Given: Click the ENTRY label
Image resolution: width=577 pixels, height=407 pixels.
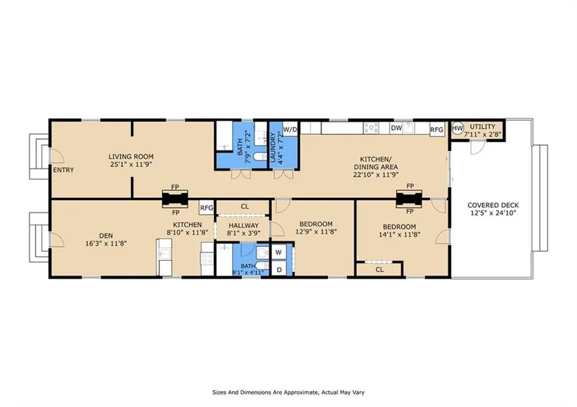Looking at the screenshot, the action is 63,170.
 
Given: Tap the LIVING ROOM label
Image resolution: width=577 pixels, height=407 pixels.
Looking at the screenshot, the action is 131,157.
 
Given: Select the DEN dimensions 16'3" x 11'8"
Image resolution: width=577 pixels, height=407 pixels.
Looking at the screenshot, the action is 106,243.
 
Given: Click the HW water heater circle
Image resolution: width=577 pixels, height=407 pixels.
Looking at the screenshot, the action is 457,129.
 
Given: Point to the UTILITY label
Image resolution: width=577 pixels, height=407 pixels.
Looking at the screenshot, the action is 483,127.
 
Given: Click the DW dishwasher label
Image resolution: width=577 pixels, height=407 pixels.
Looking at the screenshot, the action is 397,128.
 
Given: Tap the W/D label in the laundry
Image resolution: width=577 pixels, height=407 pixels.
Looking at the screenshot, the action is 290,129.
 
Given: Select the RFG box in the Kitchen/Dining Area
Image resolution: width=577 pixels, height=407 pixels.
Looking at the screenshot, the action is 437,129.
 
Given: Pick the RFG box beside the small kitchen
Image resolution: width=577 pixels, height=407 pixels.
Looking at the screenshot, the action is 206,208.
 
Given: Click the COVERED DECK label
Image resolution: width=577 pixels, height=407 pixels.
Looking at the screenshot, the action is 493,206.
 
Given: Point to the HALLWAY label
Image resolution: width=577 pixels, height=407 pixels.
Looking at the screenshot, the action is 243,226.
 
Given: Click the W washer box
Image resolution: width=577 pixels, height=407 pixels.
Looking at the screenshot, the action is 278,252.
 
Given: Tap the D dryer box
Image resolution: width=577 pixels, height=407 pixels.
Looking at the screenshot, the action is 279,270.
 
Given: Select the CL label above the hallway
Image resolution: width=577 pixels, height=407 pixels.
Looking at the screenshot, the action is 245,207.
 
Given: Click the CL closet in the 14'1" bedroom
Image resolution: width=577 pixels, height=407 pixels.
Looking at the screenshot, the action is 379,269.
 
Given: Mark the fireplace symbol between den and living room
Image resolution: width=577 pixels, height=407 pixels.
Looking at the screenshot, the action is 175,199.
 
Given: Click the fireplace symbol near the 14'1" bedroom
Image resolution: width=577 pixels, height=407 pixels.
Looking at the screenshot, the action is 409,199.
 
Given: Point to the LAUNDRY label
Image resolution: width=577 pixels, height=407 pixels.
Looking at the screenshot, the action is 273,147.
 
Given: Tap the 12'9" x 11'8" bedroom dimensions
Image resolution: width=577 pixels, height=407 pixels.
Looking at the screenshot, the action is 316,232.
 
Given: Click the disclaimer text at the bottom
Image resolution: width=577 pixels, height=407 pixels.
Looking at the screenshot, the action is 288,392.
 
